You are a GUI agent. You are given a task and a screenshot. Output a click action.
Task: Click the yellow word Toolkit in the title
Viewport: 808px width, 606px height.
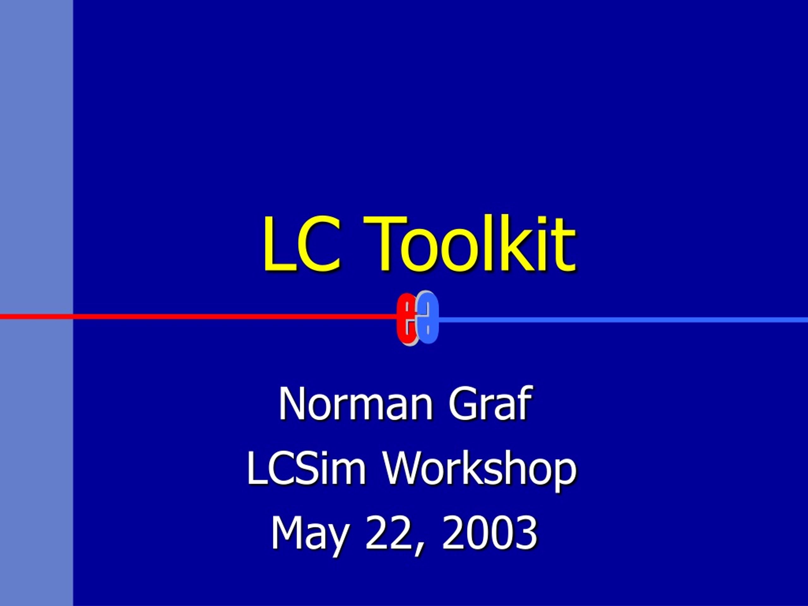(469, 244)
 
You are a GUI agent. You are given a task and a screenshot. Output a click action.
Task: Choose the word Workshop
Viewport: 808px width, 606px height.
(480, 471)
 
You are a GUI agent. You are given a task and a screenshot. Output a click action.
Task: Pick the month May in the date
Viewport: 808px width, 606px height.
(309, 534)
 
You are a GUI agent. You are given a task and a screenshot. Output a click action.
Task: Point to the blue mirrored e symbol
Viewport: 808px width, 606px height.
(428, 317)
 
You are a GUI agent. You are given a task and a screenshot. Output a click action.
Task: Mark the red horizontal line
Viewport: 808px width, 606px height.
(198, 316)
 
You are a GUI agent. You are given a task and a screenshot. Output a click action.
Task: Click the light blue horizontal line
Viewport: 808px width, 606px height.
(623, 320)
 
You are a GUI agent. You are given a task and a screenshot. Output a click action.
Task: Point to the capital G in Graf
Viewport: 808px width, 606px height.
(464, 404)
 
